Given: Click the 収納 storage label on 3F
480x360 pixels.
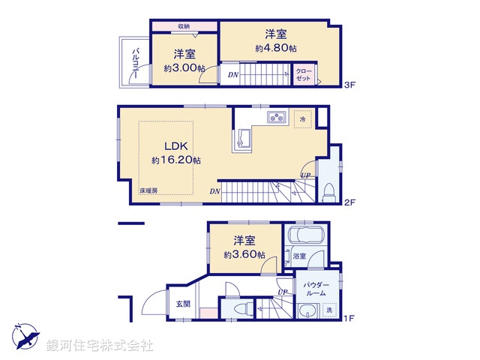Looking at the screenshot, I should pyautogui.click(x=184, y=26).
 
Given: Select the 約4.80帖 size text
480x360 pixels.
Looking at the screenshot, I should pyautogui.click(x=275, y=47).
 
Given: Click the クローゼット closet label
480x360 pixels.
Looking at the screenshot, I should pyautogui.click(x=304, y=75).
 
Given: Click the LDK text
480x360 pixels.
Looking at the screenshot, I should pyautogui.click(x=175, y=145).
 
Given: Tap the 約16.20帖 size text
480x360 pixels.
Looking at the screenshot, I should pyautogui.click(x=175, y=160).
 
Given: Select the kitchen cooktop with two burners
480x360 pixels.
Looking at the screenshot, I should pyautogui.click(x=276, y=116).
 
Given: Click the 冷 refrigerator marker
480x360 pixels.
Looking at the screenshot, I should pyautogui.click(x=303, y=118).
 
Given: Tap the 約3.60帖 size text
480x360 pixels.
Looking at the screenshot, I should pyautogui.click(x=244, y=254).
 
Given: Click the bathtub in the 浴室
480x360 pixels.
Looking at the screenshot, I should pyautogui.click(x=304, y=238).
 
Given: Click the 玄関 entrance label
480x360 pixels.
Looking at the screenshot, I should pyautogui.click(x=183, y=304).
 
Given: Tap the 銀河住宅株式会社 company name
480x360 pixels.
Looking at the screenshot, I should pyautogui.click(x=99, y=346).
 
